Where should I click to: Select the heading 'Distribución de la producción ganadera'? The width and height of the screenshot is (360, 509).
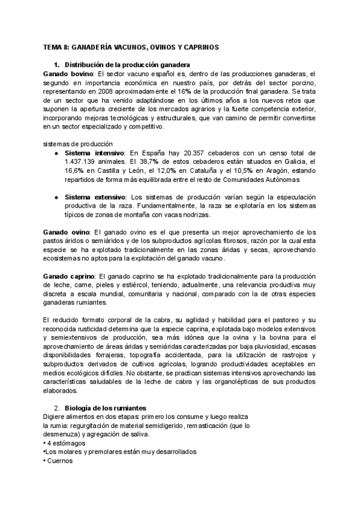point(127,64)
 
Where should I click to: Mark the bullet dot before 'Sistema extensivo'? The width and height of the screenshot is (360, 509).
point(56,197)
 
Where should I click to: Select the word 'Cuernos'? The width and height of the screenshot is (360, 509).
point(61,461)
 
